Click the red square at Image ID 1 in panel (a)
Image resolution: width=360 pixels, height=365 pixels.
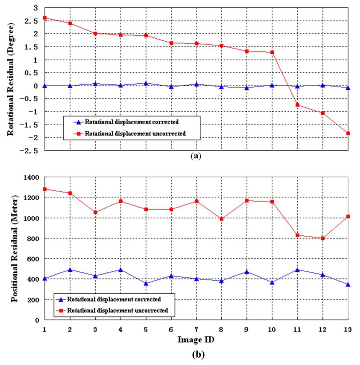(45, 18)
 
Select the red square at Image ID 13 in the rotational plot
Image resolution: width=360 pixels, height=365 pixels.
(348, 133)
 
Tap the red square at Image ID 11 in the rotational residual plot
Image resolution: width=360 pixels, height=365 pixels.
(297, 105)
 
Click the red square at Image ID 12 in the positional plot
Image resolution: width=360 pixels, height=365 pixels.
(323, 238)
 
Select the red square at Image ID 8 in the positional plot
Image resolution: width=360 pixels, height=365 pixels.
(221, 219)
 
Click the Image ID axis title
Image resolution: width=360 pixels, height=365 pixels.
(196, 340)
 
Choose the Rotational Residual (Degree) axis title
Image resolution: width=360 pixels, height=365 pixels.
(11, 80)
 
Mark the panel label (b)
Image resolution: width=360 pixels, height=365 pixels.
(196, 354)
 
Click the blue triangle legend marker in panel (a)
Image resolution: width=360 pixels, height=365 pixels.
(79, 122)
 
